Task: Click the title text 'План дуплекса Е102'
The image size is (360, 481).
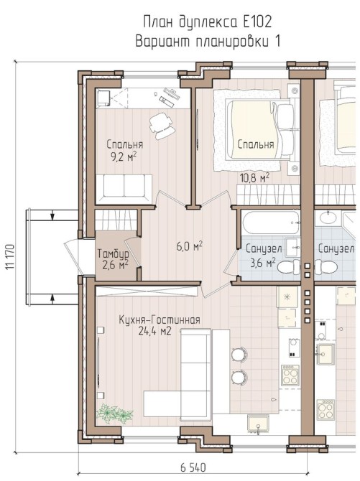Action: click(208, 22)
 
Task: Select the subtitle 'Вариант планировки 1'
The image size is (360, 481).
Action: click(208, 42)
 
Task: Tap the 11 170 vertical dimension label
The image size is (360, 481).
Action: click(10, 257)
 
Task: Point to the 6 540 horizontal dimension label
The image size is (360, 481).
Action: click(193, 467)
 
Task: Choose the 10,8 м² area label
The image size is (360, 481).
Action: click(254, 177)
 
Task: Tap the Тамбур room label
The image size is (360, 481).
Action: click(113, 254)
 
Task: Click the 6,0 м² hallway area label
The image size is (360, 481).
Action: click(190, 246)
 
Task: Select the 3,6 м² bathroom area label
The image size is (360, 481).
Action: click(263, 262)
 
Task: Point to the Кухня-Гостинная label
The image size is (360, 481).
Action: click(160, 320)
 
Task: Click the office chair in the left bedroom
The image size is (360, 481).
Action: click(162, 126)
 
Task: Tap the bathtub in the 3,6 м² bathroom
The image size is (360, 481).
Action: click(271, 223)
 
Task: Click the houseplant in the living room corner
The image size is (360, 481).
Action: click(114, 414)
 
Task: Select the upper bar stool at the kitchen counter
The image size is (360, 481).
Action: click(239, 355)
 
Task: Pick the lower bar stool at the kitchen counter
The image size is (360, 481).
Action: click(239, 377)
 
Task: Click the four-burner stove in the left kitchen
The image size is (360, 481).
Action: click(290, 375)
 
